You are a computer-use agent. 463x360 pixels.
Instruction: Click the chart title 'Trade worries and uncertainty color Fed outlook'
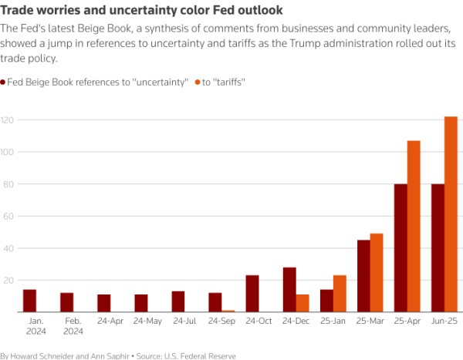coord(141,10)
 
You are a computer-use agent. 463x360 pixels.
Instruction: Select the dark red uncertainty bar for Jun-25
coord(438,247)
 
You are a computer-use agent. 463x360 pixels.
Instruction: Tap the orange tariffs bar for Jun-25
coord(451,214)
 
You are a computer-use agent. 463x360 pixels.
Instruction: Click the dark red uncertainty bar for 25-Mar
coord(363,275)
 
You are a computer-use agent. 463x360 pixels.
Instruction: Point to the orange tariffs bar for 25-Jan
coord(340,293)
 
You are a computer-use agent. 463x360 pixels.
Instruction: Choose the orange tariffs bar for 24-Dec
coord(302,303)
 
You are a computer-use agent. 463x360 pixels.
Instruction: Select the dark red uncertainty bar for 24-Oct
coord(252,293)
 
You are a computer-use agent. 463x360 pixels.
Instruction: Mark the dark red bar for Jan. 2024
coord(29,300)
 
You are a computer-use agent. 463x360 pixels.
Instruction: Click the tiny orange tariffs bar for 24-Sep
coord(228,311)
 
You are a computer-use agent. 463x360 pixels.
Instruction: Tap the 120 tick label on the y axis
coord(8,120)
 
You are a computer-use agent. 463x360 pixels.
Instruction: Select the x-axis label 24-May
coord(147,321)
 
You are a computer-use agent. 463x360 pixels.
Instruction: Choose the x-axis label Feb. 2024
coord(73,325)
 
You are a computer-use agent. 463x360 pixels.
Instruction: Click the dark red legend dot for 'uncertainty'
coord(3,81)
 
